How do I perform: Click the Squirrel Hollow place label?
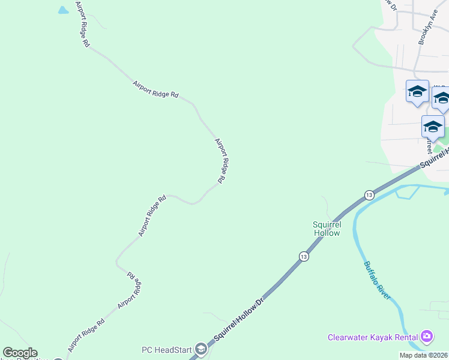[327, 228]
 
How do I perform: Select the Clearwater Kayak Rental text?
[373, 337]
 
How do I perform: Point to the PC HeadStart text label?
[166, 350]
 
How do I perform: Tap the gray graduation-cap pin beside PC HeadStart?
[202, 349]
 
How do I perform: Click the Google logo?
[20, 353]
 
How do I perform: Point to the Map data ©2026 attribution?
[424, 355]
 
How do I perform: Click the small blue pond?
[62, 10]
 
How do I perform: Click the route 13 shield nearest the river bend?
[369, 195]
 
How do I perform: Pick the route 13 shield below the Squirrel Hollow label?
[304, 256]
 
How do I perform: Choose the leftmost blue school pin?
[417, 92]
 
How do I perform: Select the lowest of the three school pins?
[433, 127]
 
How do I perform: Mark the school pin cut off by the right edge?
[442, 99]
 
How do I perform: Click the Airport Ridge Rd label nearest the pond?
[82, 24]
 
